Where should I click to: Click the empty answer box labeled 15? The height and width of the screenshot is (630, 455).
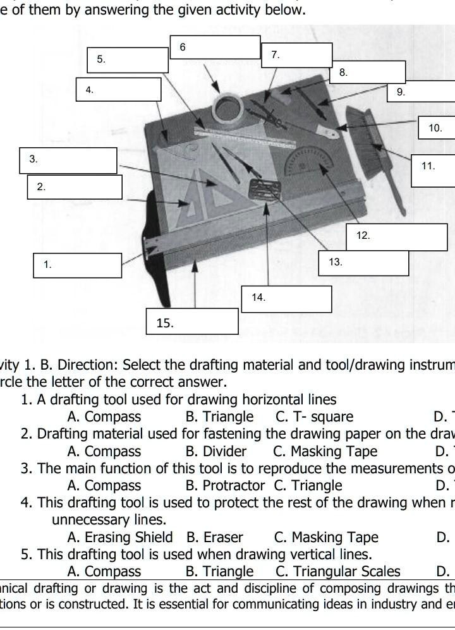pyautogui.click(x=192, y=321)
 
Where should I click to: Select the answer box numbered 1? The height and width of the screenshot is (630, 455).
pyautogui.click(x=77, y=265)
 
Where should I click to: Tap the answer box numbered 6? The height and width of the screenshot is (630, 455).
pyautogui.click(x=215, y=47)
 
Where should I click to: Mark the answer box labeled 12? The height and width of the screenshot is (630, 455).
pyautogui.click(x=396, y=236)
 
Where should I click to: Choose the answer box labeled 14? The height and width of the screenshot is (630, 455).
pyautogui.click(x=286, y=299)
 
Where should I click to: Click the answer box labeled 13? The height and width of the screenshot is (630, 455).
pyautogui.click(x=368, y=262)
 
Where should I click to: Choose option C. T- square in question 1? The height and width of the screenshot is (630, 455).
pyautogui.click(x=314, y=417)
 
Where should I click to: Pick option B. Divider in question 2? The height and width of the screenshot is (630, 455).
pyautogui.click(x=215, y=451)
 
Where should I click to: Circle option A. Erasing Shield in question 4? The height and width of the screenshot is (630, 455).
pyautogui.click(x=119, y=537)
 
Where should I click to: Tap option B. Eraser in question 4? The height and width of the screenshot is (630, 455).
pyautogui.click(x=214, y=537)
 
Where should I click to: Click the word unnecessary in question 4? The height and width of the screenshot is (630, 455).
pyautogui.click(x=109, y=520)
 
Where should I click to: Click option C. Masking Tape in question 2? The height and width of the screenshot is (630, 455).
pyautogui.click(x=325, y=451)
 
